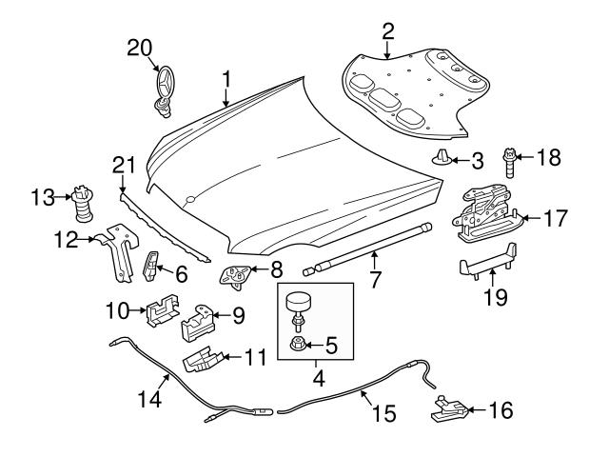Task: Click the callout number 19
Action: [493, 298]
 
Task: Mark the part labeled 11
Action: [203, 361]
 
